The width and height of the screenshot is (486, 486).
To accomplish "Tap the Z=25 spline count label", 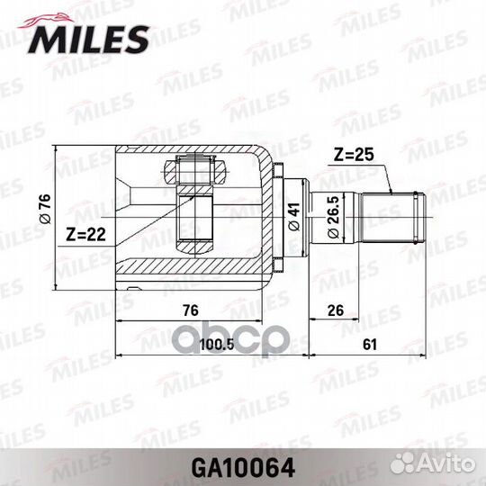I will [354, 154].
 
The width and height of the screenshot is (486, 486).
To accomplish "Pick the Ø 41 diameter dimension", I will [294, 216].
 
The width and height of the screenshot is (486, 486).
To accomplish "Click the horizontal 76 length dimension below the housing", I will [190, 310].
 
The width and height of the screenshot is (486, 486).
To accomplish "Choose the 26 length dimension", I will [334, 310].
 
